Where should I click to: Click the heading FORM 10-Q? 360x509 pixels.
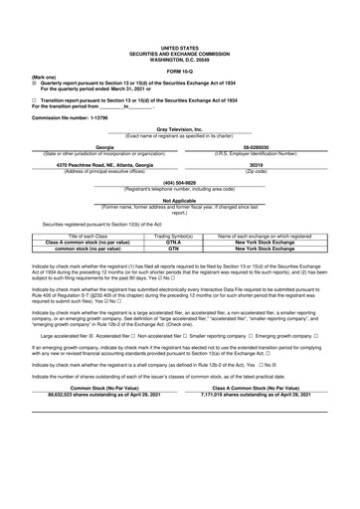point(179,68)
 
